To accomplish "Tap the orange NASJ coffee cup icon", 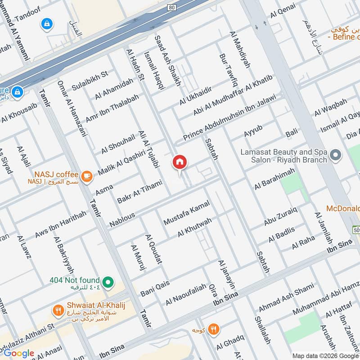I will tap(87, 176).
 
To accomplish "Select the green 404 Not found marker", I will tap(107, 283).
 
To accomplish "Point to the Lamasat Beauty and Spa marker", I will tap(335, 156).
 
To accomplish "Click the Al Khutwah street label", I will tap(194, 228).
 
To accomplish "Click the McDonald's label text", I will tap(343, 209).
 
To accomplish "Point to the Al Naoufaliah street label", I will tap(185, 294).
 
